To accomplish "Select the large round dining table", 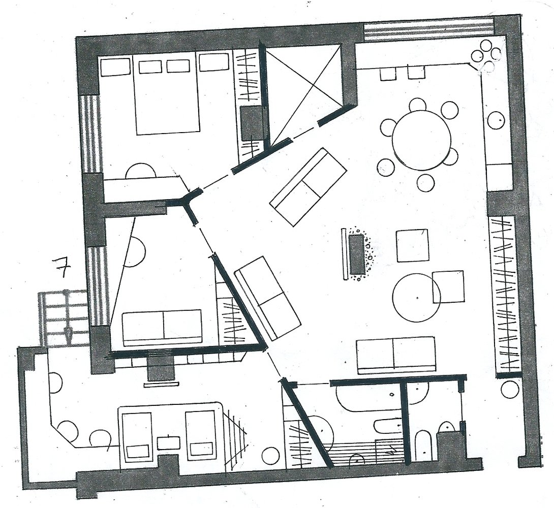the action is click(421, 140).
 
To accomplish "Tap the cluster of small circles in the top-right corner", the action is click(487, 58).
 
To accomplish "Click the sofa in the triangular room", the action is click(162, 328).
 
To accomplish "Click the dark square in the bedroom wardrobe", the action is click(251, 123).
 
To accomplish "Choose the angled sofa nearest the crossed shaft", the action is click(307, 187).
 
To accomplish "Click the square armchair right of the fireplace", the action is click(412, 246).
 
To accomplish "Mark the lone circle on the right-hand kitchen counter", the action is click(496, 120).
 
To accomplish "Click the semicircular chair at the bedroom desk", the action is click(141, 171).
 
